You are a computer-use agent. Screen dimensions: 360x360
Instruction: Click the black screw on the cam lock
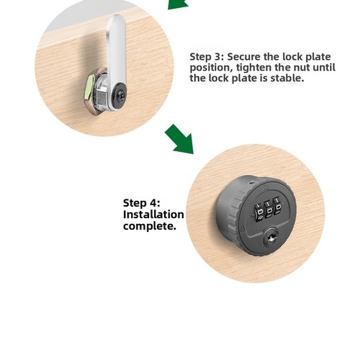tap(120, 95)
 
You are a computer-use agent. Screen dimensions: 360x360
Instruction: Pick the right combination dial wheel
tap(278, 208)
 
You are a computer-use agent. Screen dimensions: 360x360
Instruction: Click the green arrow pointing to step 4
tap(180, 140)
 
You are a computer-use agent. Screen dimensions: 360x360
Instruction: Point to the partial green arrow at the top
tap(178, 4)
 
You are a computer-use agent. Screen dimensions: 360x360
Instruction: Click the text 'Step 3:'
tap(207, 57)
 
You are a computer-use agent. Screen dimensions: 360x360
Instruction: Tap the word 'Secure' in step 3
tap(243, 57)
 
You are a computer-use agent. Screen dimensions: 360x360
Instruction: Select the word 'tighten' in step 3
tap(254, 68)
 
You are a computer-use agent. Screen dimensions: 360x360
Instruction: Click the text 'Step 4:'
tap(142, 203)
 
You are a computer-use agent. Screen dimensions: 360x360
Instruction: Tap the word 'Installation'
tap(153, 215)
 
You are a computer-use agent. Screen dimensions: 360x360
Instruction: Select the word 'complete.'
tap(150, 226)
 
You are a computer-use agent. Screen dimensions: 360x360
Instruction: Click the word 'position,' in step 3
tap(212, 68)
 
